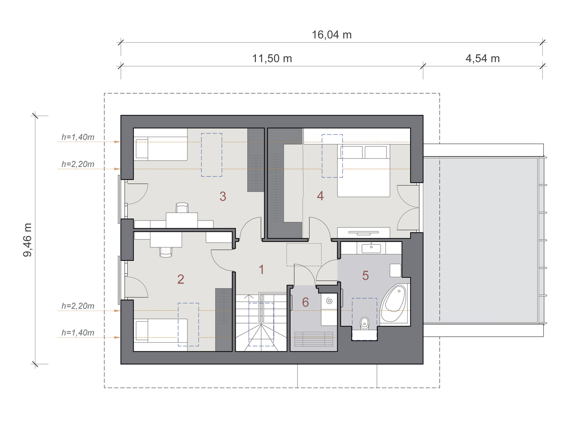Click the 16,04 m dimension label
click(331, 35)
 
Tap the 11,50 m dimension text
click(272, 58)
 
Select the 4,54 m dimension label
click(482, 58)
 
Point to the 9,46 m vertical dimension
click(27, 240)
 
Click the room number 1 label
click(261, 269)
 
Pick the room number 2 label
click(181, 279)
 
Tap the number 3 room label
click(223, 196)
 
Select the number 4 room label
click(320, 196)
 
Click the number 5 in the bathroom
click(365, 275)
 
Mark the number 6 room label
click(305, 302)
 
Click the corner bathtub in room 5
click(394, 304)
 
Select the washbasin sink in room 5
click(371, 248)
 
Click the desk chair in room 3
click(182, 207)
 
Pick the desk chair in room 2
click(166, 252)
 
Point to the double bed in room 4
click(363, 171)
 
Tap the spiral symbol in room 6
click(329, 301)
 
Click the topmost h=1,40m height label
click(78, 137)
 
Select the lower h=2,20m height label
click(78, 306)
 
